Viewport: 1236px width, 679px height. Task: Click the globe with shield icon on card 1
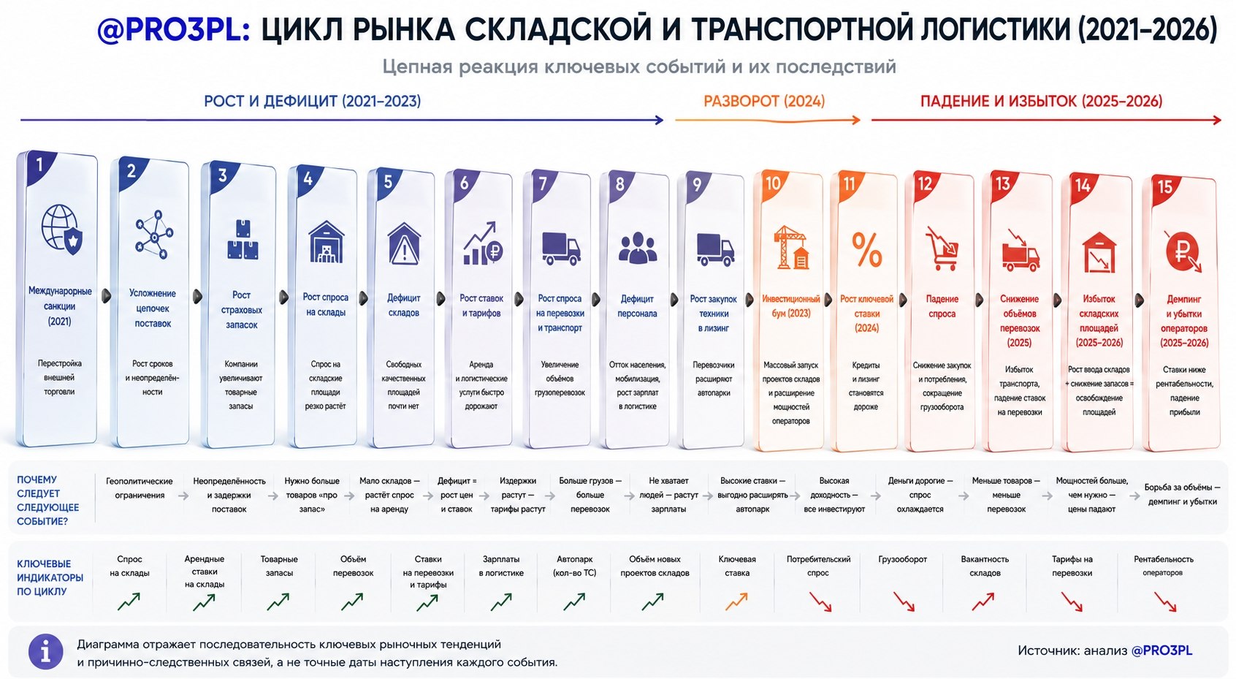click(62, 229)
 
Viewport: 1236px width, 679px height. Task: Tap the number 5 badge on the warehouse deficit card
click(388, 181)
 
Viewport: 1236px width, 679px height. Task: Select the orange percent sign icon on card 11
click(867, 249)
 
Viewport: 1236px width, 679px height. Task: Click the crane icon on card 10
click(791, 247)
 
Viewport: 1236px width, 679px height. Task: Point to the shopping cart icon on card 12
click(942, 249)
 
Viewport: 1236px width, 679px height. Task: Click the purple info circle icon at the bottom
click(46, 651)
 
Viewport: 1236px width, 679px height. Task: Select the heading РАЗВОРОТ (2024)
click(764, 102)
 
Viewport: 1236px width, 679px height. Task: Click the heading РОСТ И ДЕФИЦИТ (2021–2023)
click(313, 102)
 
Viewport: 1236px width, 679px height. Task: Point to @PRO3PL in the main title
click(173, 30)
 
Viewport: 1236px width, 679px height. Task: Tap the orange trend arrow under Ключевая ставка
click(736, 602)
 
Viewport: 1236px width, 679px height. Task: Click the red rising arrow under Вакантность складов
click(983, 602)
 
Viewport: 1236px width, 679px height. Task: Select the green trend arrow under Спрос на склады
click(129, 602)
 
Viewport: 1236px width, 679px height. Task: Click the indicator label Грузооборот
click(902, 559)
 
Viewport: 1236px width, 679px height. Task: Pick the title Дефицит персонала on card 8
click(637, 306)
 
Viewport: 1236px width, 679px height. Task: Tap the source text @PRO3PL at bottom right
click(1161, 650)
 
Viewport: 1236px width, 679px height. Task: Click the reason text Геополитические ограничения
click(139, 488)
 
